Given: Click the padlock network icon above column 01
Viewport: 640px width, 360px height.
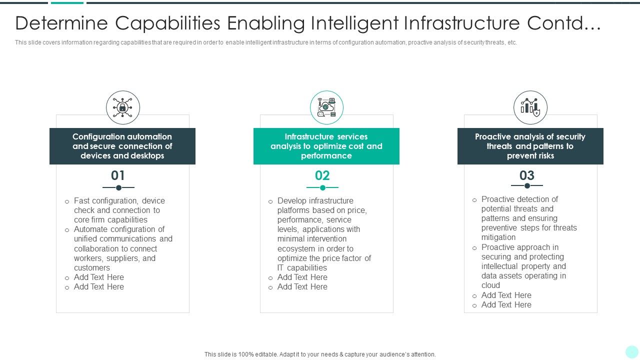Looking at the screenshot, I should tap(122, 107).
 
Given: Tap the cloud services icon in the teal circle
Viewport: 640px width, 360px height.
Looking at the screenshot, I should tap(326, 107).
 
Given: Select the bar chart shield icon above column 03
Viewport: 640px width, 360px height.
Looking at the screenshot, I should tap(530, 107).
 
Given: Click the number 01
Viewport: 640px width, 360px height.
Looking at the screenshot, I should tap(118, 175).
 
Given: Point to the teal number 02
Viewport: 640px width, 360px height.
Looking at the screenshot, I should tap(322, 175).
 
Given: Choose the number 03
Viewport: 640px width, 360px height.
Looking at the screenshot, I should tap(527, 175).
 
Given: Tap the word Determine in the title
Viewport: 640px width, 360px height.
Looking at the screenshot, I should tap(62, 23).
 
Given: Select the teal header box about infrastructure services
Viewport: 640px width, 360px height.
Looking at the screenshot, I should tap(326, 146).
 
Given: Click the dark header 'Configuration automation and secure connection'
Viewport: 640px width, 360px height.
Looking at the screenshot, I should tap(122, 146).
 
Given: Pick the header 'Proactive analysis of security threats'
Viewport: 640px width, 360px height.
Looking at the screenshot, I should tap(530, 146).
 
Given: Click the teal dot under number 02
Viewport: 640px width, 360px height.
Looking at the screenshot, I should tap(322, 187).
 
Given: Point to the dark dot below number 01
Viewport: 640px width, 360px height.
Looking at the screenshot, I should tap(118, 187).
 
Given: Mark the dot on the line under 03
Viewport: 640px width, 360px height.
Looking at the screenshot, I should tap(527, 185).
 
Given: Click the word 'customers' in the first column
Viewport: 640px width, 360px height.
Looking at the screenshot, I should tap(92, 268).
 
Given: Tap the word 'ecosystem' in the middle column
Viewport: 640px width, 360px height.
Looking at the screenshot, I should tap(296, 248).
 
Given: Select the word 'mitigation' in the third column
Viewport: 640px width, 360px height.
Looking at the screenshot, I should tap(498, 237).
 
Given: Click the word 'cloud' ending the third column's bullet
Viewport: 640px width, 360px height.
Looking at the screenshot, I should tap(490, 285).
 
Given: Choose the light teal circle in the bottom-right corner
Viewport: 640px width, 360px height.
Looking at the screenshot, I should tap(631, 351).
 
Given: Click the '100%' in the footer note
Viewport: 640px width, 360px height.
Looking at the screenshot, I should tap(246, 354).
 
